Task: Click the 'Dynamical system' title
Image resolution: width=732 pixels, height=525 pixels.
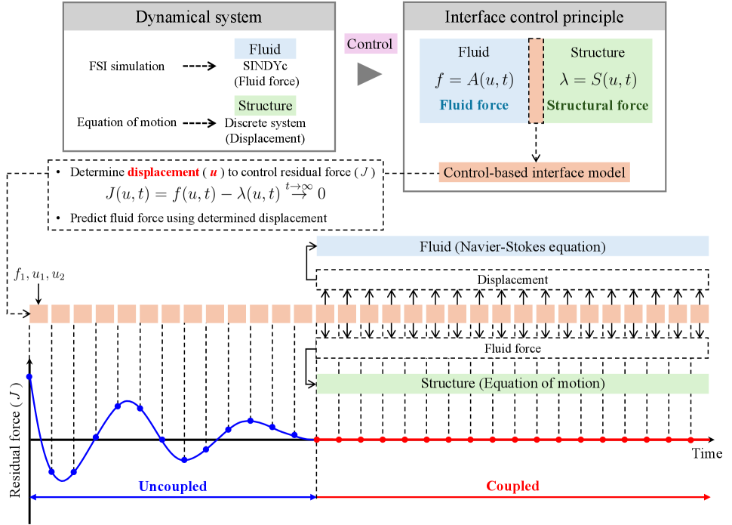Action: coord(198,17)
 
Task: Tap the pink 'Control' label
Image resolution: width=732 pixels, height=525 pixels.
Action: coord(369,44)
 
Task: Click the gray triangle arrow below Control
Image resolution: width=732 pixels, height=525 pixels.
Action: coord(369,74)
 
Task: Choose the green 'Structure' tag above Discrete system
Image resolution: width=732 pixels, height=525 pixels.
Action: coord(266,105)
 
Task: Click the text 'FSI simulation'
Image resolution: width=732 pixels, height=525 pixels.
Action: coord(127,66)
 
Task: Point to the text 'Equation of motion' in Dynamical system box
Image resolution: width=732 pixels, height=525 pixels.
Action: coord(128,122)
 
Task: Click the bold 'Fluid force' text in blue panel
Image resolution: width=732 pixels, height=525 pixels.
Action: coord(473,105)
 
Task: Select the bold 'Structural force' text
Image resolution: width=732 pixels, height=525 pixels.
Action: coord(598,105)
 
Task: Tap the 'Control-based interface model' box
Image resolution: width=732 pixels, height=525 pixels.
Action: coord(534,172)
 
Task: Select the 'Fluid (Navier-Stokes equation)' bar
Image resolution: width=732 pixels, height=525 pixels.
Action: coord(512,246)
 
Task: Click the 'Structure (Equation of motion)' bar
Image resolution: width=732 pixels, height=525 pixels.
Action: coord(512,384)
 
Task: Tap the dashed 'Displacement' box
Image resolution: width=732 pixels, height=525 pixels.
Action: coord(512,279)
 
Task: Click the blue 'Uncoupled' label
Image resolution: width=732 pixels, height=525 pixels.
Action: coord(172,486)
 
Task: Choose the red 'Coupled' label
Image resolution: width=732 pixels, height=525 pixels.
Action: coord(512,486)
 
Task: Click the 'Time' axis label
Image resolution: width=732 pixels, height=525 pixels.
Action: coord(708,454)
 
